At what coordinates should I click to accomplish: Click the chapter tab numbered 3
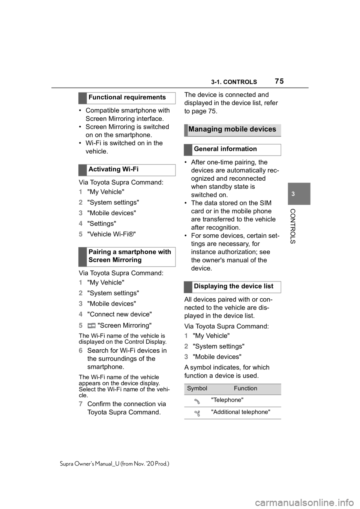293,194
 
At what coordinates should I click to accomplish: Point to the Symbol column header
197,389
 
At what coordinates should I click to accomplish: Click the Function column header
246,389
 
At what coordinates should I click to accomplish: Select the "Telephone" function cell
227,400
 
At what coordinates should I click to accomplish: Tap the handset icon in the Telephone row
197,401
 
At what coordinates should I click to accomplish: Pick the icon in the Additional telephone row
197,413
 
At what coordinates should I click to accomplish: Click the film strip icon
91,326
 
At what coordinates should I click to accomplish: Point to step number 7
80,404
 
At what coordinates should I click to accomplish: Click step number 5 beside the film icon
80,326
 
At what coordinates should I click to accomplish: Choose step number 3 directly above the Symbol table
186,357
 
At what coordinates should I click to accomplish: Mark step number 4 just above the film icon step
80,314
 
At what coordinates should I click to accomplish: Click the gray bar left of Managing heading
185,130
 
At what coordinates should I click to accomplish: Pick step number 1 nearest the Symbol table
186,335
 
